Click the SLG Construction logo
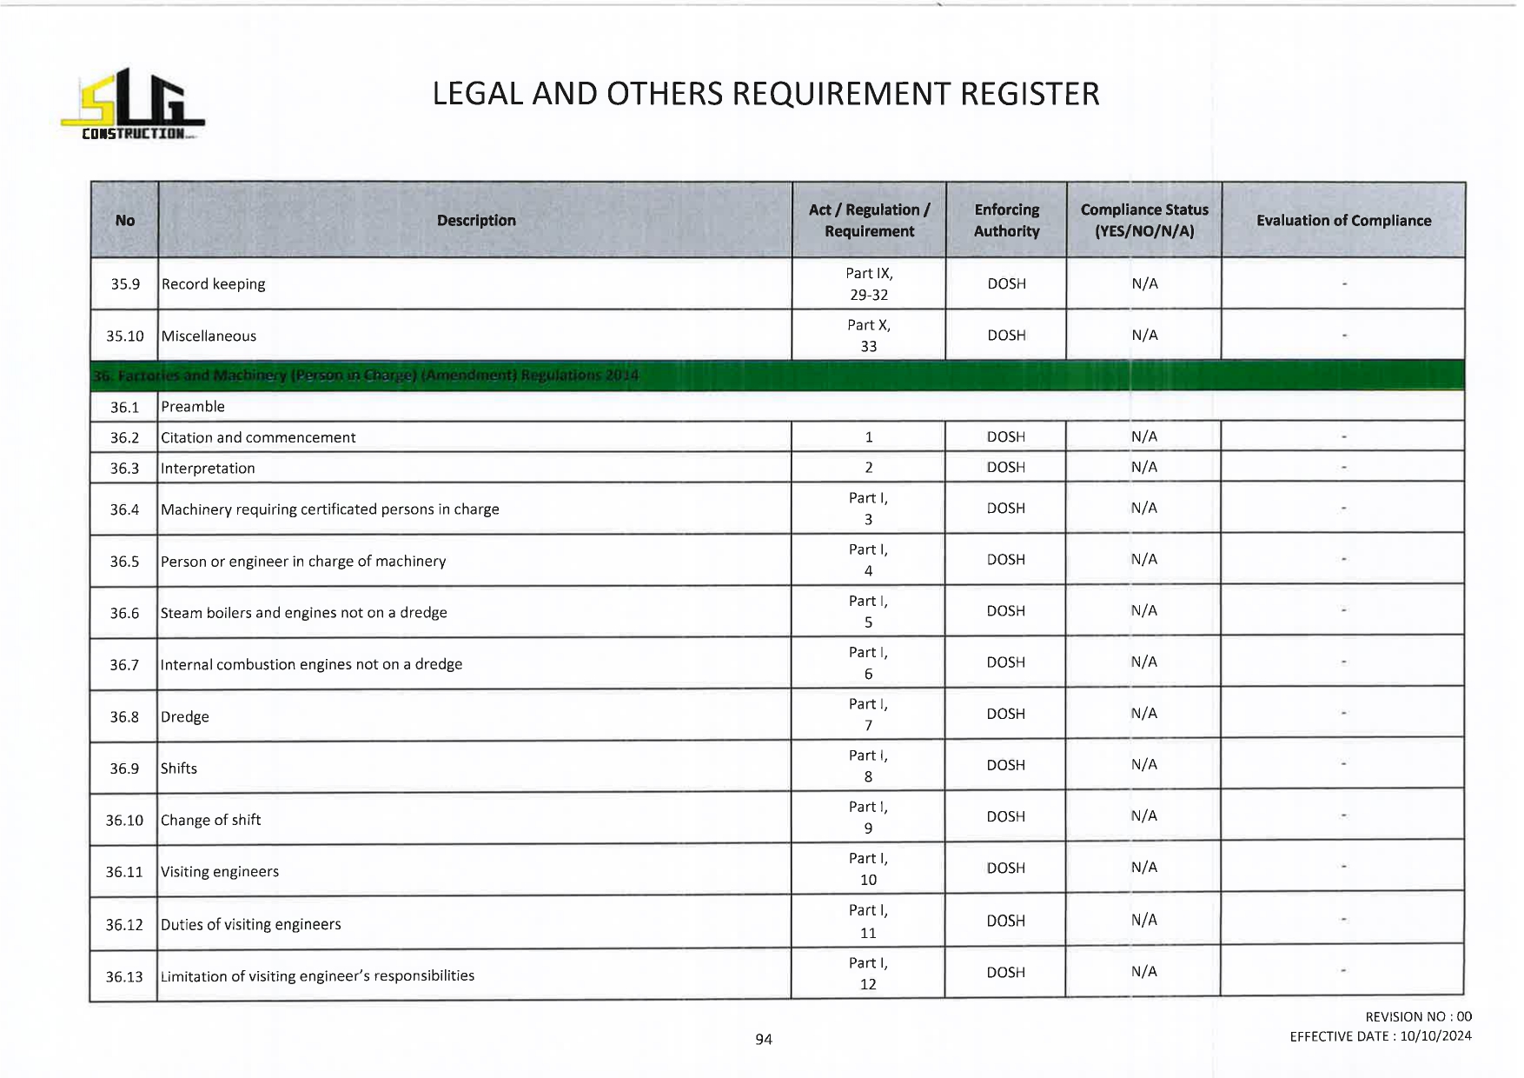[133, 104]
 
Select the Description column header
[476, 221]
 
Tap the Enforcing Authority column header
[1006, 221]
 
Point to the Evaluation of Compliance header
[1343, 221]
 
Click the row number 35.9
[125, 284]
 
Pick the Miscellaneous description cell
[209, 336]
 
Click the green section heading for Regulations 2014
[365, 376]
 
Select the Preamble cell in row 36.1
[193, 407]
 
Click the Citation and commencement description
[258, 437]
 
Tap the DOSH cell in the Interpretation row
[1005, 468]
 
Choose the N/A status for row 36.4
[1143, 509]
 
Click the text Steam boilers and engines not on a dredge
[303, 613]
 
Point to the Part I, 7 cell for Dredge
[868, 715]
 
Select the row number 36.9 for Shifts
[124, 769]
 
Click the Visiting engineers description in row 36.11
[220, 872]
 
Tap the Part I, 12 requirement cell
[868, 974]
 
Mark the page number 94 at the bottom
[764, 1039]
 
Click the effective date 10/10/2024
[1435, 1036]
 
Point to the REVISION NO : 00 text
[1418, 1016]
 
